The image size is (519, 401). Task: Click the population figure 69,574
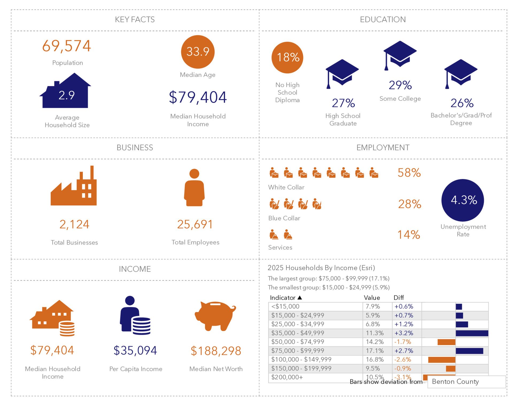(67, 46)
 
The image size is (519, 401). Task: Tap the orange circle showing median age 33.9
(197, 52)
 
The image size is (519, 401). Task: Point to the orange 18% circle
(287, 57)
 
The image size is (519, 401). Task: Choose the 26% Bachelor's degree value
(462, 103)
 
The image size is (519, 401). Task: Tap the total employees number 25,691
(195, 225)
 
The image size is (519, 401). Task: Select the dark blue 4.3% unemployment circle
(463, 200)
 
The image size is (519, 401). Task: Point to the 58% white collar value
(409, 173)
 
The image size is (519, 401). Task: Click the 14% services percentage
(408, 235)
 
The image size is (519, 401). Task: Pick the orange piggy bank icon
(215, 316)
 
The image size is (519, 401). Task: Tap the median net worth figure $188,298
(216, 351)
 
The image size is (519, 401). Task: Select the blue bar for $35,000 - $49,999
(472, 333)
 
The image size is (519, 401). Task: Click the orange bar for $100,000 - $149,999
(441, 360)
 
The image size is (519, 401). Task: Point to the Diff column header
(398, 298)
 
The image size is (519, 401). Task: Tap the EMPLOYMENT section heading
(383, 148)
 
